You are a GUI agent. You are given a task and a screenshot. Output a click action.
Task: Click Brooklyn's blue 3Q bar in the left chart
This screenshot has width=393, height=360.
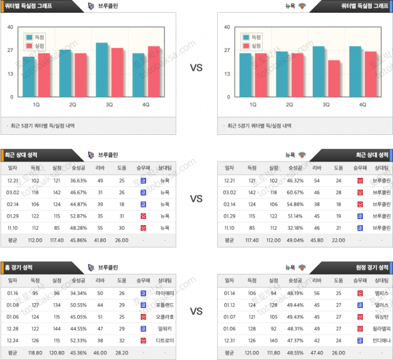click(x=102, y=70)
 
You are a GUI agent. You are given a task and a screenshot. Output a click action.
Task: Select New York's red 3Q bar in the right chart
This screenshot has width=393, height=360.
click(x=334, y=78)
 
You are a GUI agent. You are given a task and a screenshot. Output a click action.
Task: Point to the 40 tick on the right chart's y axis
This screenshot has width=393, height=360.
click(x=227, y=27)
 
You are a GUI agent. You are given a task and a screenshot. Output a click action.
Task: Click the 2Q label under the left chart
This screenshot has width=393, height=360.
click(x=72, y=105)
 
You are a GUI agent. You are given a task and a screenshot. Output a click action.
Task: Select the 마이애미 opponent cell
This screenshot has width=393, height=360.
click(x=164, y=292)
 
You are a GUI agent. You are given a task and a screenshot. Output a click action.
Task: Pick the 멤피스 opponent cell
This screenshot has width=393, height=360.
click(x=382, y=292)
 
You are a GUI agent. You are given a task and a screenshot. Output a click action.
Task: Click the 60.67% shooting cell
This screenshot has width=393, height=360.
click(x=295, y=192)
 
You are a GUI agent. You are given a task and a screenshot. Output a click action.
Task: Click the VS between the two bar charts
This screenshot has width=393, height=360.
click(x=196, y=68)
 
